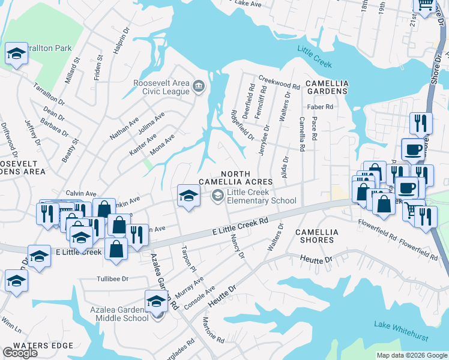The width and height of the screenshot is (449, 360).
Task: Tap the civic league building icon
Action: [x=199, y=88]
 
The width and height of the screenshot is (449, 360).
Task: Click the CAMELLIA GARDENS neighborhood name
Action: [x=327, y=86]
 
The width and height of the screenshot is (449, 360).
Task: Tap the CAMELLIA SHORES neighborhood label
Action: [x=317, y=236]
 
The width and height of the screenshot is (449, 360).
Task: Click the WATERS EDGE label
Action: [x=43, y=346]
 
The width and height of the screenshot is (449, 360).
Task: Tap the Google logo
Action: [x=19, y=353]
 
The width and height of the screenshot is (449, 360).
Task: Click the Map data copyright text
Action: [x=411, y=355]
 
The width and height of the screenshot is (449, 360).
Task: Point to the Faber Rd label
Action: [x=319, y=107]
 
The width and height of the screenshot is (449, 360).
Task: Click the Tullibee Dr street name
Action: [x=113, y=279]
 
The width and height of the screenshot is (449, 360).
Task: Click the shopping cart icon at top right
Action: [x=426, y=5]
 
